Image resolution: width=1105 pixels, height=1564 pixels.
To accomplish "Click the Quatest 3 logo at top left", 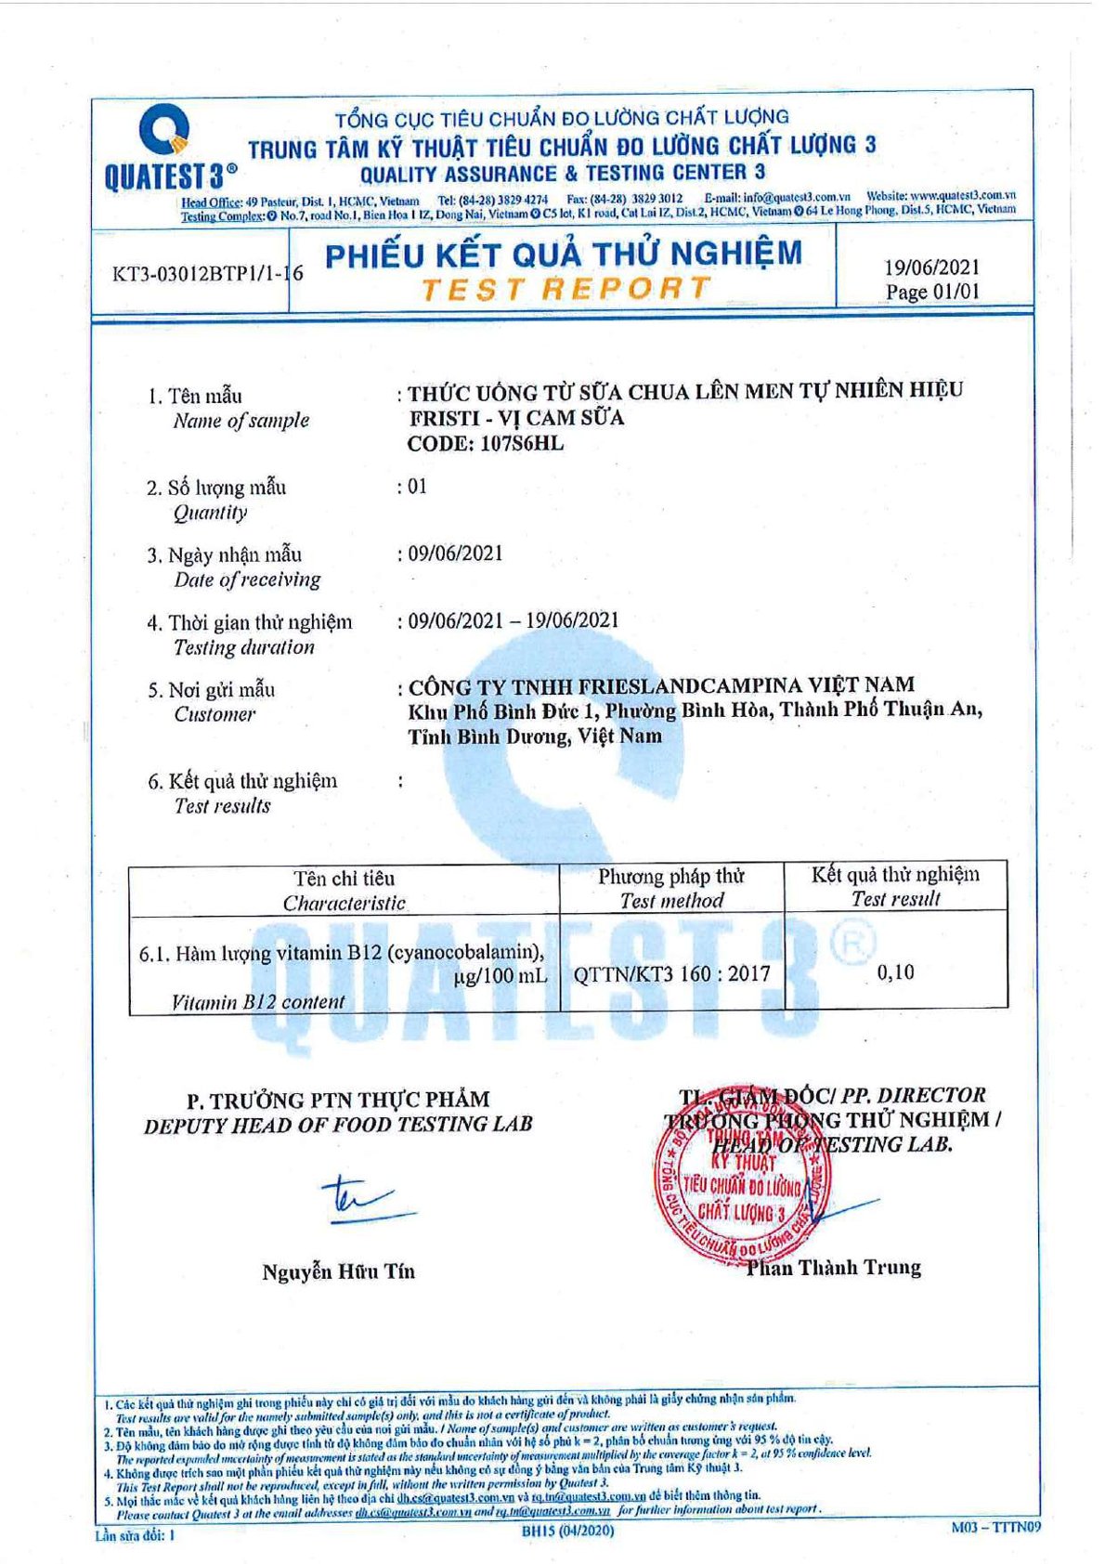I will pos(168,149).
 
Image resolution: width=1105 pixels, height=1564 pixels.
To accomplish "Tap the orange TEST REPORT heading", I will pos(565,289).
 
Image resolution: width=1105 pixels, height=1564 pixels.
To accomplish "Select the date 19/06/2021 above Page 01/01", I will pos(931,267).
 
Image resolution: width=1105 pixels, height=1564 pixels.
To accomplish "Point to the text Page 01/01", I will pos(931,292).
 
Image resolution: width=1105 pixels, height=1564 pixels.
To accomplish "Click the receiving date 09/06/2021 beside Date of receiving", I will pos(455,554).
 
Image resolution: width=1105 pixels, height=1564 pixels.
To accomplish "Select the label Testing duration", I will pos(244,647).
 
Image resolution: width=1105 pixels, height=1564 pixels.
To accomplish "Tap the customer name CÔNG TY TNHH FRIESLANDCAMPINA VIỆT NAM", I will pos(661,686).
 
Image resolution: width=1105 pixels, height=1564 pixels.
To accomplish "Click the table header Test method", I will pos(671,900).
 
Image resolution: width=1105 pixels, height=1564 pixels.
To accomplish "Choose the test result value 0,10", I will pos(895,972).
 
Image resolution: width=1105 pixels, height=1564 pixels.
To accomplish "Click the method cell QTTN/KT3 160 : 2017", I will pos(671,974).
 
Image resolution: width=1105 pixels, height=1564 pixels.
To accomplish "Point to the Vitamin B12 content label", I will pos(258,1002).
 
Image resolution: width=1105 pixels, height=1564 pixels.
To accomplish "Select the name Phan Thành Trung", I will pos(834,1268).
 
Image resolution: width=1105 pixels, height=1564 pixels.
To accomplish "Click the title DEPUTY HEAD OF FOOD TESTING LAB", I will pos(338,1125).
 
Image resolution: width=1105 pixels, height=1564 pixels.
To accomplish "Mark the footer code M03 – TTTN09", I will pos(995,1527).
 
